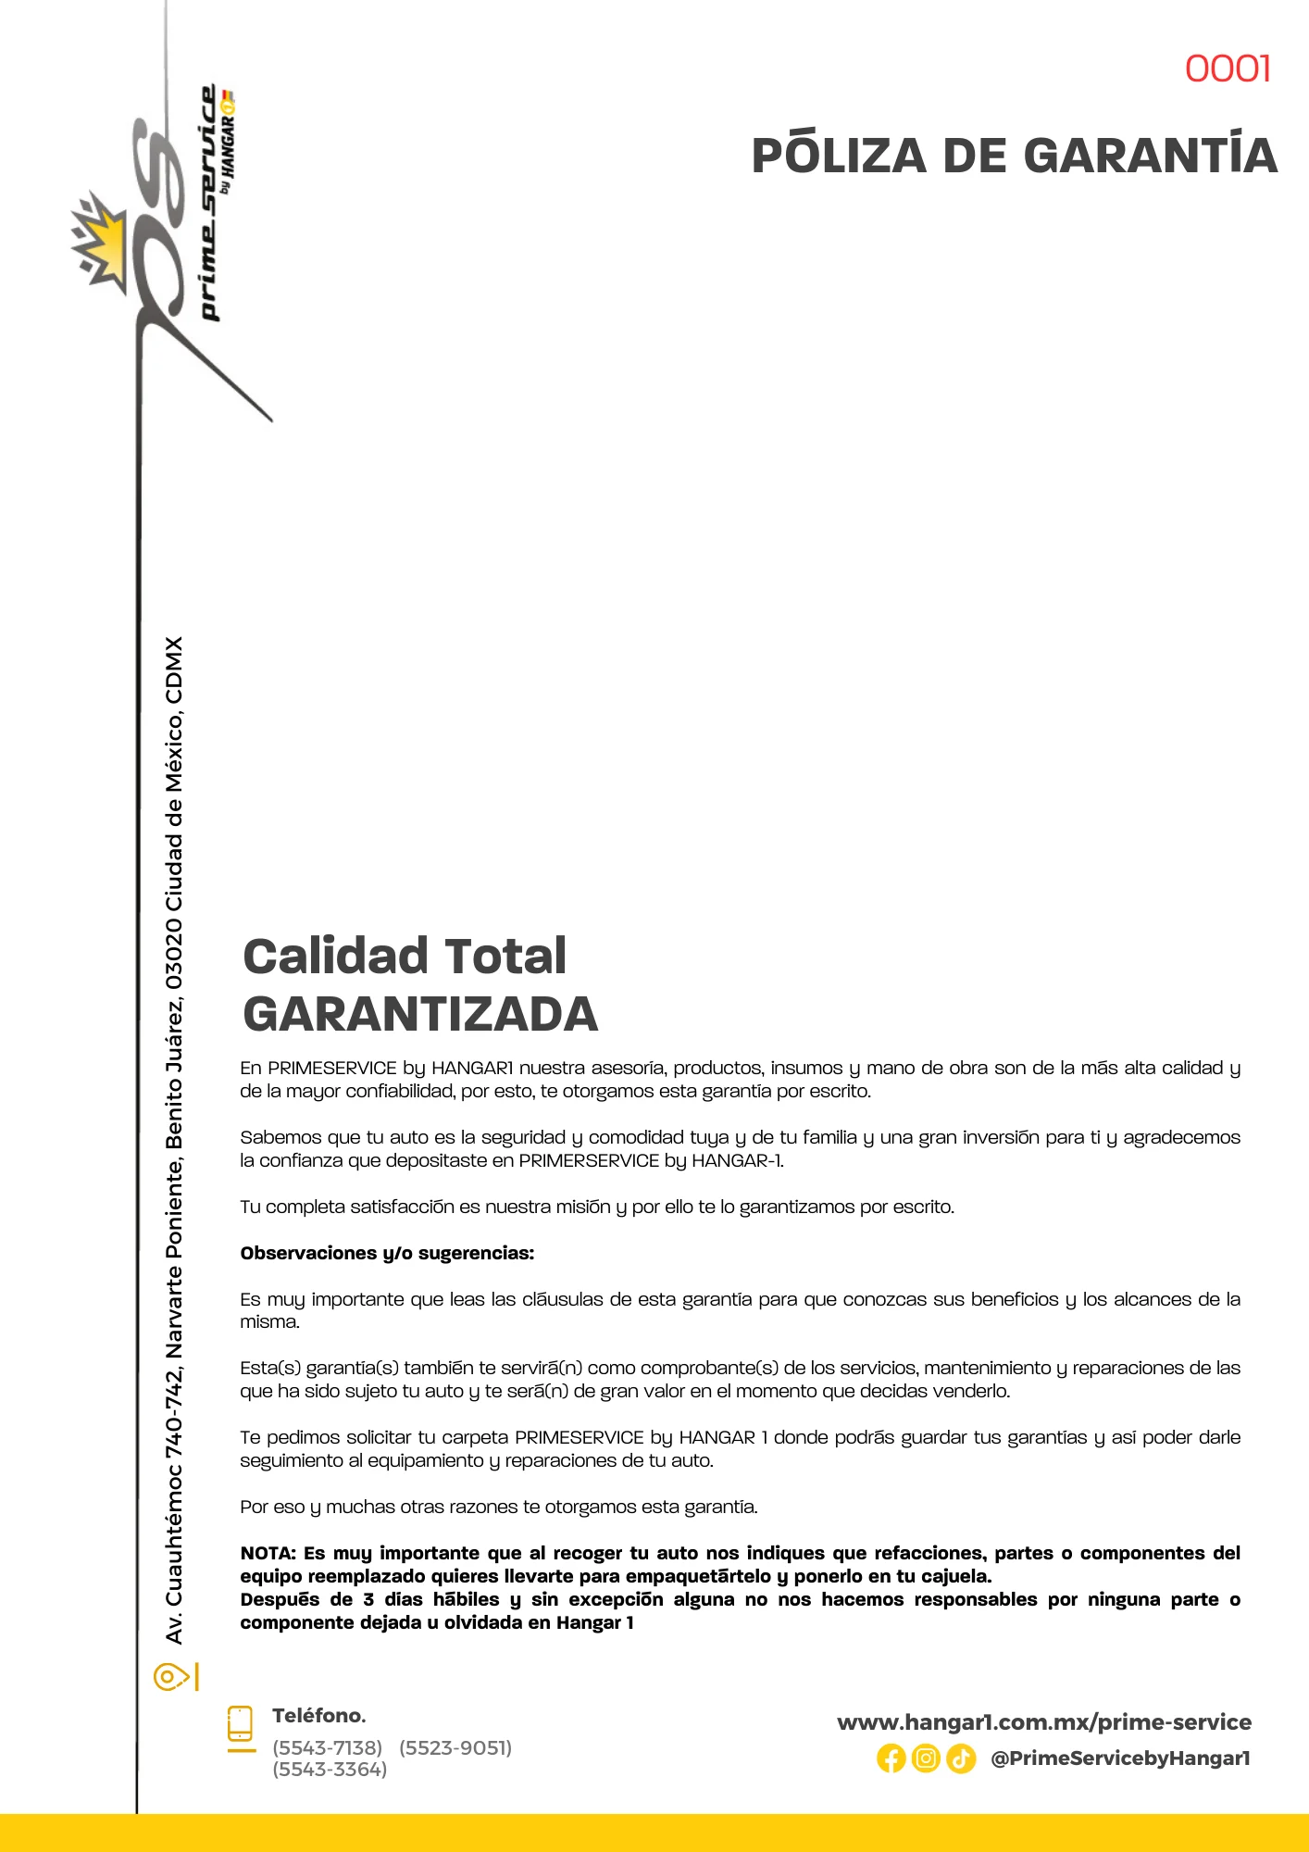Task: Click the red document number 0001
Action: point(1228,69)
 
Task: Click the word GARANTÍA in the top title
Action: point(1151,155)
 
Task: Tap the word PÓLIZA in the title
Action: point(839,155)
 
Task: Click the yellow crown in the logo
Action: point(102,243)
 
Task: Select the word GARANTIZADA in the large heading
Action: point(420,1014)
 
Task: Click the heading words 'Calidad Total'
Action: point(405,956)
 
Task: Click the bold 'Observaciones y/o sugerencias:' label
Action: point(387,1253)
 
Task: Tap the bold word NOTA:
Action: point(268,1553)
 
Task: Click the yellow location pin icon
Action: point(169,1677)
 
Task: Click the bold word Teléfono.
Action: point(318,1715)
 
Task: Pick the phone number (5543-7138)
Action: point(327,1747)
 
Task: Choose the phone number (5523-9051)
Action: point(455,1747)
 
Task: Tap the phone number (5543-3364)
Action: point(330,1769)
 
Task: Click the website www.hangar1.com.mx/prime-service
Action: point(1043,1722)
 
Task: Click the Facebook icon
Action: point(891,1758)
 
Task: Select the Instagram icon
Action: point(926,1758)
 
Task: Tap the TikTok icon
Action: point(961,1758)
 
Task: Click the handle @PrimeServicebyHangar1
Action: point(1120,1758)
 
